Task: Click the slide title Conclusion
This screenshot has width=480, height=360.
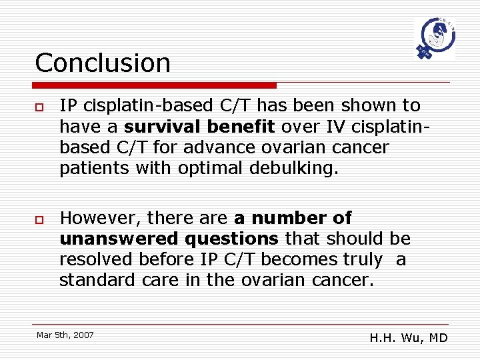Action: (103, 63)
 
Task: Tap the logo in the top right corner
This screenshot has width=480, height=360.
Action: (435, 39)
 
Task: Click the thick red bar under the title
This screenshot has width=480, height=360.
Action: (155, 85)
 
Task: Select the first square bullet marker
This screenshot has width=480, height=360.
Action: (40, 107)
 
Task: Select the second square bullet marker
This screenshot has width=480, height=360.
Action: (40, 219)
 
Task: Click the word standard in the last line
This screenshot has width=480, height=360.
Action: (98, 280)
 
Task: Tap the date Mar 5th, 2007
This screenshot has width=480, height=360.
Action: (65, 335)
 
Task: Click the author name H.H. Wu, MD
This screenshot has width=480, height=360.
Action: (409, 338)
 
